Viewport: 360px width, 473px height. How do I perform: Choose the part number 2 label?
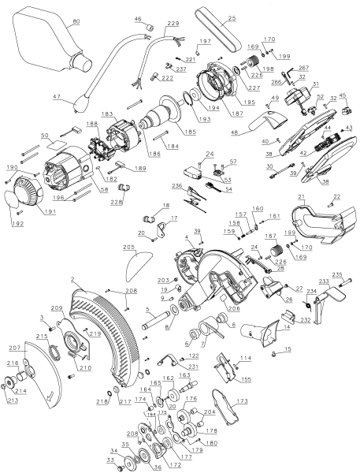pyautogui.click(x=72, y=280)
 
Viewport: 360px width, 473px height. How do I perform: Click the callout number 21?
pyautogui.click(x=300, y=196)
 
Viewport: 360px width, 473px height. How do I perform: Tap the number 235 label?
pyautogui.click(x=336, y=274)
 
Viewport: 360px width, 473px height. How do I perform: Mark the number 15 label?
pyautogui.click(x=288, y=348)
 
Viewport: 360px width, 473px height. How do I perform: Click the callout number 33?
pyautogui.click(x=110, y=460)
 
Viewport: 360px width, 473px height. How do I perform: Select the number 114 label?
pyautogui.click(x=246, y=359)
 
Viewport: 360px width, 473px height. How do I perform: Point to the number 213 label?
pyautogui.click(x=11, y=400)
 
